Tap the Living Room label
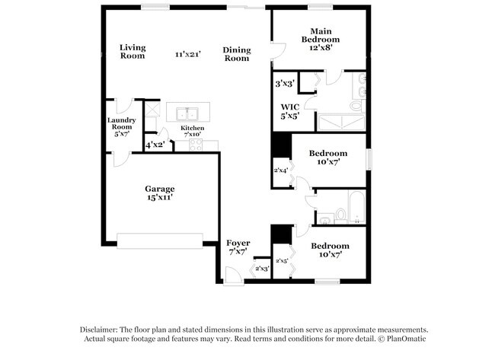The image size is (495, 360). tap(133, 52)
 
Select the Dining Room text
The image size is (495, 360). tap(236, 54)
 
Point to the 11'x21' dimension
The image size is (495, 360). tap(187, 54)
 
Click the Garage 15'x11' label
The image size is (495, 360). tap(160, 193)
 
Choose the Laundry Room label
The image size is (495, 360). tap(121, 127)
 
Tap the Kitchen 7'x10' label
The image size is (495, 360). tap(192, 132)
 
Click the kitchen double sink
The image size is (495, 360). tap(188, 113)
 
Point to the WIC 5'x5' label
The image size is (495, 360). tap(289, 111)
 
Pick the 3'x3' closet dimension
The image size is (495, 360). tap(286, 83)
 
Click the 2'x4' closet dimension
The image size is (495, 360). tap(281, 170)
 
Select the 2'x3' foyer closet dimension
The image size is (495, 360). tap(261, 269)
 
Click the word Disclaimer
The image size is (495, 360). tap(102, 328)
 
